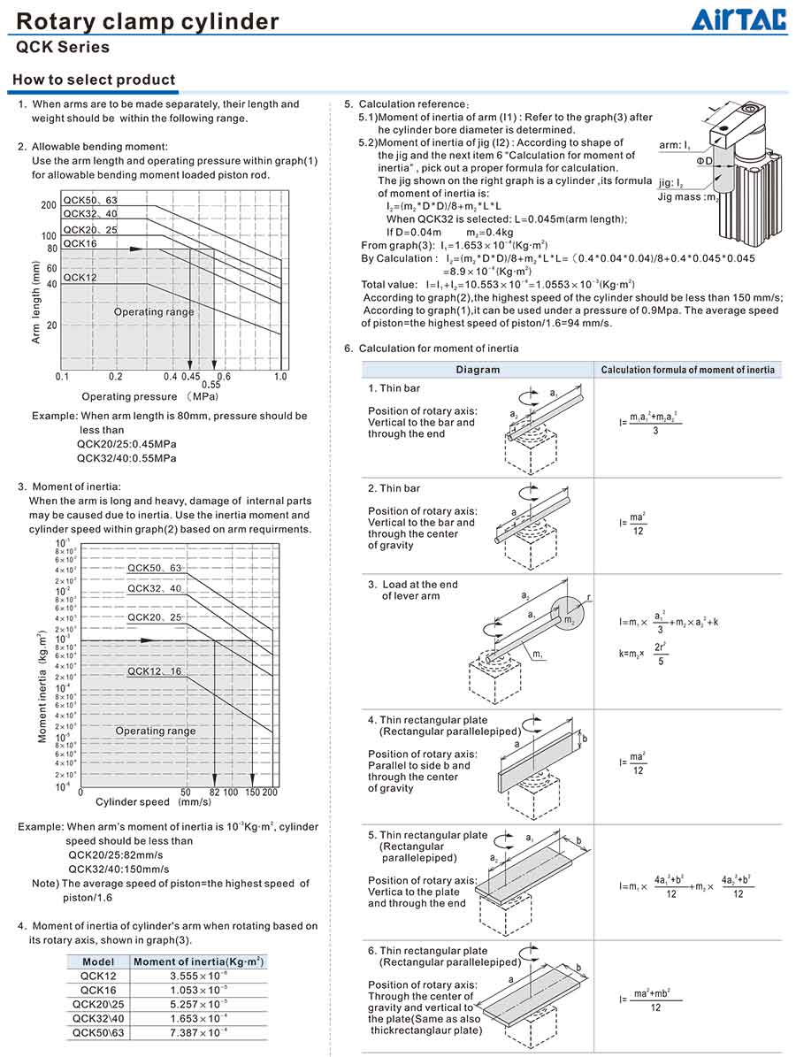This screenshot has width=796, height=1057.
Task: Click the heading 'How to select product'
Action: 94,80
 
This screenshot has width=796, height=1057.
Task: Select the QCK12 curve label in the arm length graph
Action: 80,277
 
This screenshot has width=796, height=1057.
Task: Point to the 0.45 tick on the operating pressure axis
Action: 190,377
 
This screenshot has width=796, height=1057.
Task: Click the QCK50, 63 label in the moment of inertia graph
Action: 154,568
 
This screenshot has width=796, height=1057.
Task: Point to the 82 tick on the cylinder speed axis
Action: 214,793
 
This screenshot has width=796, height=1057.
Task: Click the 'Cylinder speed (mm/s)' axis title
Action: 153,803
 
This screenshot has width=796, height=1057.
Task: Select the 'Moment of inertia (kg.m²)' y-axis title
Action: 42,686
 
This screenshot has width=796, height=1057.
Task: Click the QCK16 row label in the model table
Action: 98,990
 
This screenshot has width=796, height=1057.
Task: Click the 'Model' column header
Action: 98,961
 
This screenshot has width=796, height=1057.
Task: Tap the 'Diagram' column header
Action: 478,370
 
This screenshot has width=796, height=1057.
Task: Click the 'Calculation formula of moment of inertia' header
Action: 687,370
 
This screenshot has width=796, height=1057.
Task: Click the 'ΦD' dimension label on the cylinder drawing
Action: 703,161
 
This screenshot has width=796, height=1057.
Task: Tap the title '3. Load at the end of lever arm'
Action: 413,590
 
